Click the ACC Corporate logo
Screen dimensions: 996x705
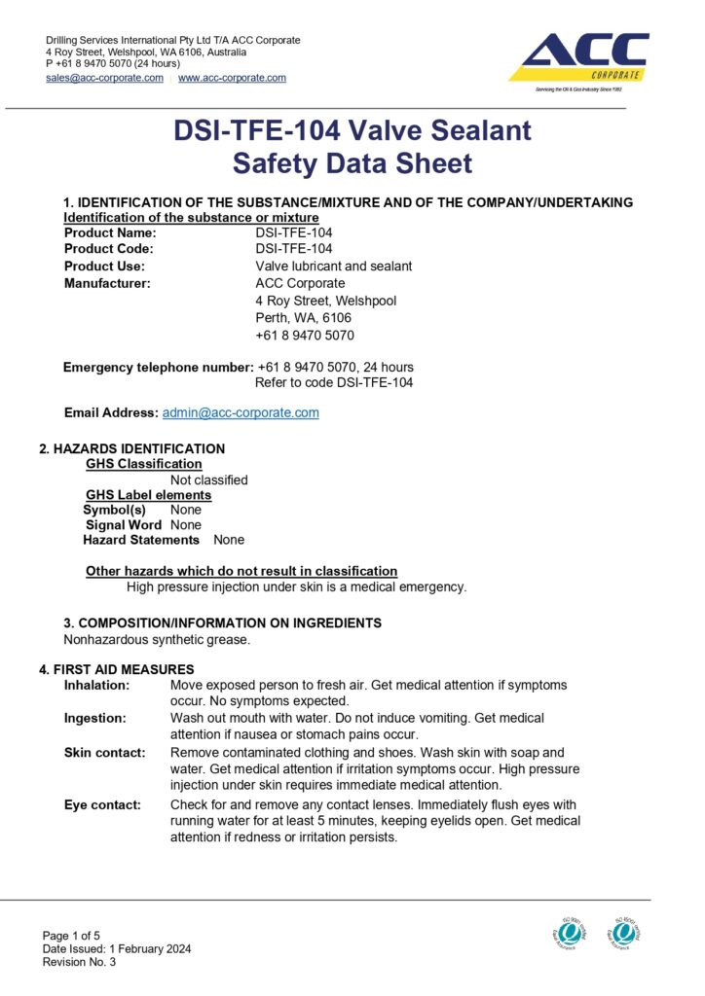(578, 60)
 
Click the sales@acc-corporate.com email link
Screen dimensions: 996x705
(104, 78)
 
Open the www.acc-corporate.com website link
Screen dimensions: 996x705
(232, 78)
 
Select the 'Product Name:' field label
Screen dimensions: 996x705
(110, 232)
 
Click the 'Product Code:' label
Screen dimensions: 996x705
(109, 249)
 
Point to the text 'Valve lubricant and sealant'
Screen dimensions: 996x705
(333, 267)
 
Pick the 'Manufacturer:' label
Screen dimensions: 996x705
(107, 283)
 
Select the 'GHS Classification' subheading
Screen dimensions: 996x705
(144, 464)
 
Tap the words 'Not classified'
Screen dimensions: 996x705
(208, 480)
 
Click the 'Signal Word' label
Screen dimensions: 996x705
(124, 524)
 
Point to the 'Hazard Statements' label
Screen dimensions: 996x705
(141, 540)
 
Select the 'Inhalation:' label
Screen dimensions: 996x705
(96, 685)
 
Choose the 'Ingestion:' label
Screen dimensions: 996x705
(94, 718)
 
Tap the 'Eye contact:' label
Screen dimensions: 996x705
(101, 804)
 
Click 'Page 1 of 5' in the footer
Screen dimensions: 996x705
(71, 936)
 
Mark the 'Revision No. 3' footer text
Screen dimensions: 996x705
(79, 962)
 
